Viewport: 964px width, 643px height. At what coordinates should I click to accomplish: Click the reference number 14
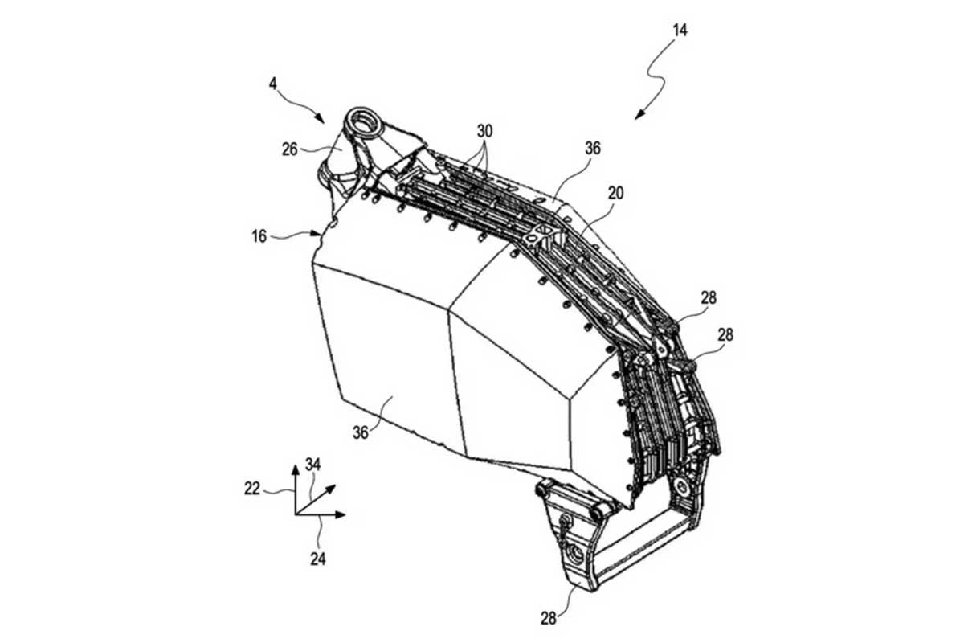click(x=680, y=31)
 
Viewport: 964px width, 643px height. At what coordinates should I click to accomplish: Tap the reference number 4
click(x=273, y=84)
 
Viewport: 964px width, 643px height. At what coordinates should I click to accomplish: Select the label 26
click(x=290, y=149)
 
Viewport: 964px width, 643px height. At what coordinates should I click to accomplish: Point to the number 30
click(x=484, y=131)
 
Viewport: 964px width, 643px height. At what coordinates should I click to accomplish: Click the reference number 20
click(x=615, y=194)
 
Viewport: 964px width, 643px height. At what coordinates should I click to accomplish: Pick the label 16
click(x=259, y=236)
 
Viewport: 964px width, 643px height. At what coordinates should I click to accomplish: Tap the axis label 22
click(x=251, y=489)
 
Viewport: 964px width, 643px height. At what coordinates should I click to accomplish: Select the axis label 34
click(x=312, y=465)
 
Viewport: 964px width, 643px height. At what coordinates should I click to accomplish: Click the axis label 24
click(x=318, y=559)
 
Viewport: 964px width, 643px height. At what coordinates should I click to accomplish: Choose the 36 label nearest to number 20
click(x=593, y=149)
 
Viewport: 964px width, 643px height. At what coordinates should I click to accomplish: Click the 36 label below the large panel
click(x=361, y=432)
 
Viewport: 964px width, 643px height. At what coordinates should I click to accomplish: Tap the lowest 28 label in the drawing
click(x=549, y=618)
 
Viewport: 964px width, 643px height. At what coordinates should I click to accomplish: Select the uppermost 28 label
click(x=709, y=297)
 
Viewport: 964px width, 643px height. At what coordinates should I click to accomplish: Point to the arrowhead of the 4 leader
click(x=321, y=119)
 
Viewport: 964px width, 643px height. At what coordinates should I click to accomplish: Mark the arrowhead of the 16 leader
click(x=317, y=234)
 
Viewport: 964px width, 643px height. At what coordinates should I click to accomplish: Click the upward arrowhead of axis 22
click(x=296, y=469)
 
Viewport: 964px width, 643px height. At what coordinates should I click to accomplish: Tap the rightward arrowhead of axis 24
click(x=341, y=514)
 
